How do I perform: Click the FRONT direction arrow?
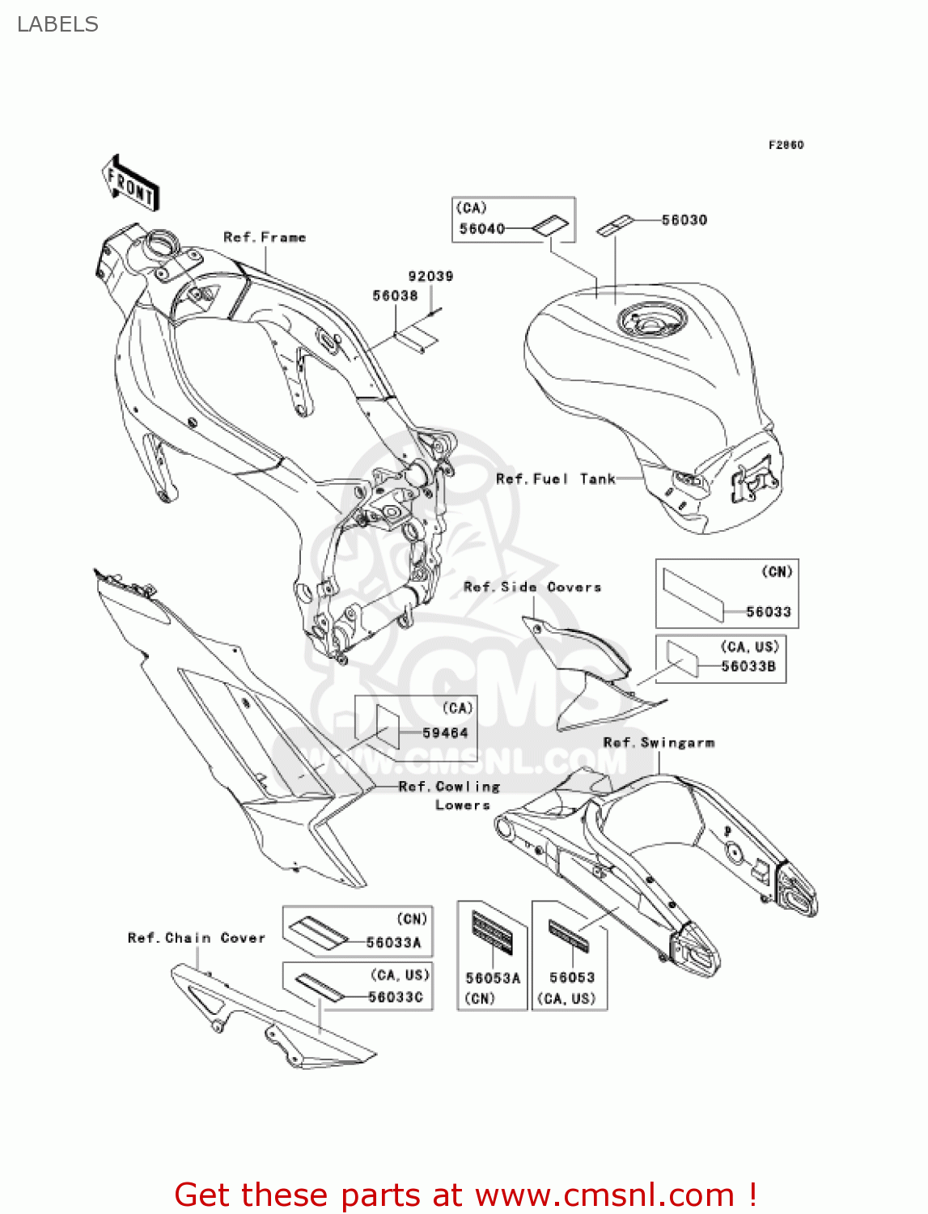tap(130, 183)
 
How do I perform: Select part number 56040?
tap(481, 229)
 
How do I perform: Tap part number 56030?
tap(684, 220)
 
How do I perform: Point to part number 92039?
tap(430, 276)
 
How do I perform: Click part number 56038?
tap(395, 296)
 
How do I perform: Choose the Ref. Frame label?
tap(265, 237)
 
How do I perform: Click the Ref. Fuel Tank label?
tap(556, 479)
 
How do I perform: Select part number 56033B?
tap(748, 667)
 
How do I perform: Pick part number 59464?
tap(445, 733)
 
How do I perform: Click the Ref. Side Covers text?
tap(532, 588)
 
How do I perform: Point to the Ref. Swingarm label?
tap(659, 743)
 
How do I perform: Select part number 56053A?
tap(493, 978)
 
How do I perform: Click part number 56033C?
tap(396, 997)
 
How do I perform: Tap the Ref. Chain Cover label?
tap(197, 938)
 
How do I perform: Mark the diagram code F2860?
tap(786, 145)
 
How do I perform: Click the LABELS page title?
tap(57, 24)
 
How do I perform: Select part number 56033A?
tap(393, 943)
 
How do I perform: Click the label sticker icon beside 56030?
tap(614, 226)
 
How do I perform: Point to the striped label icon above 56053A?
tap(492, 931)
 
